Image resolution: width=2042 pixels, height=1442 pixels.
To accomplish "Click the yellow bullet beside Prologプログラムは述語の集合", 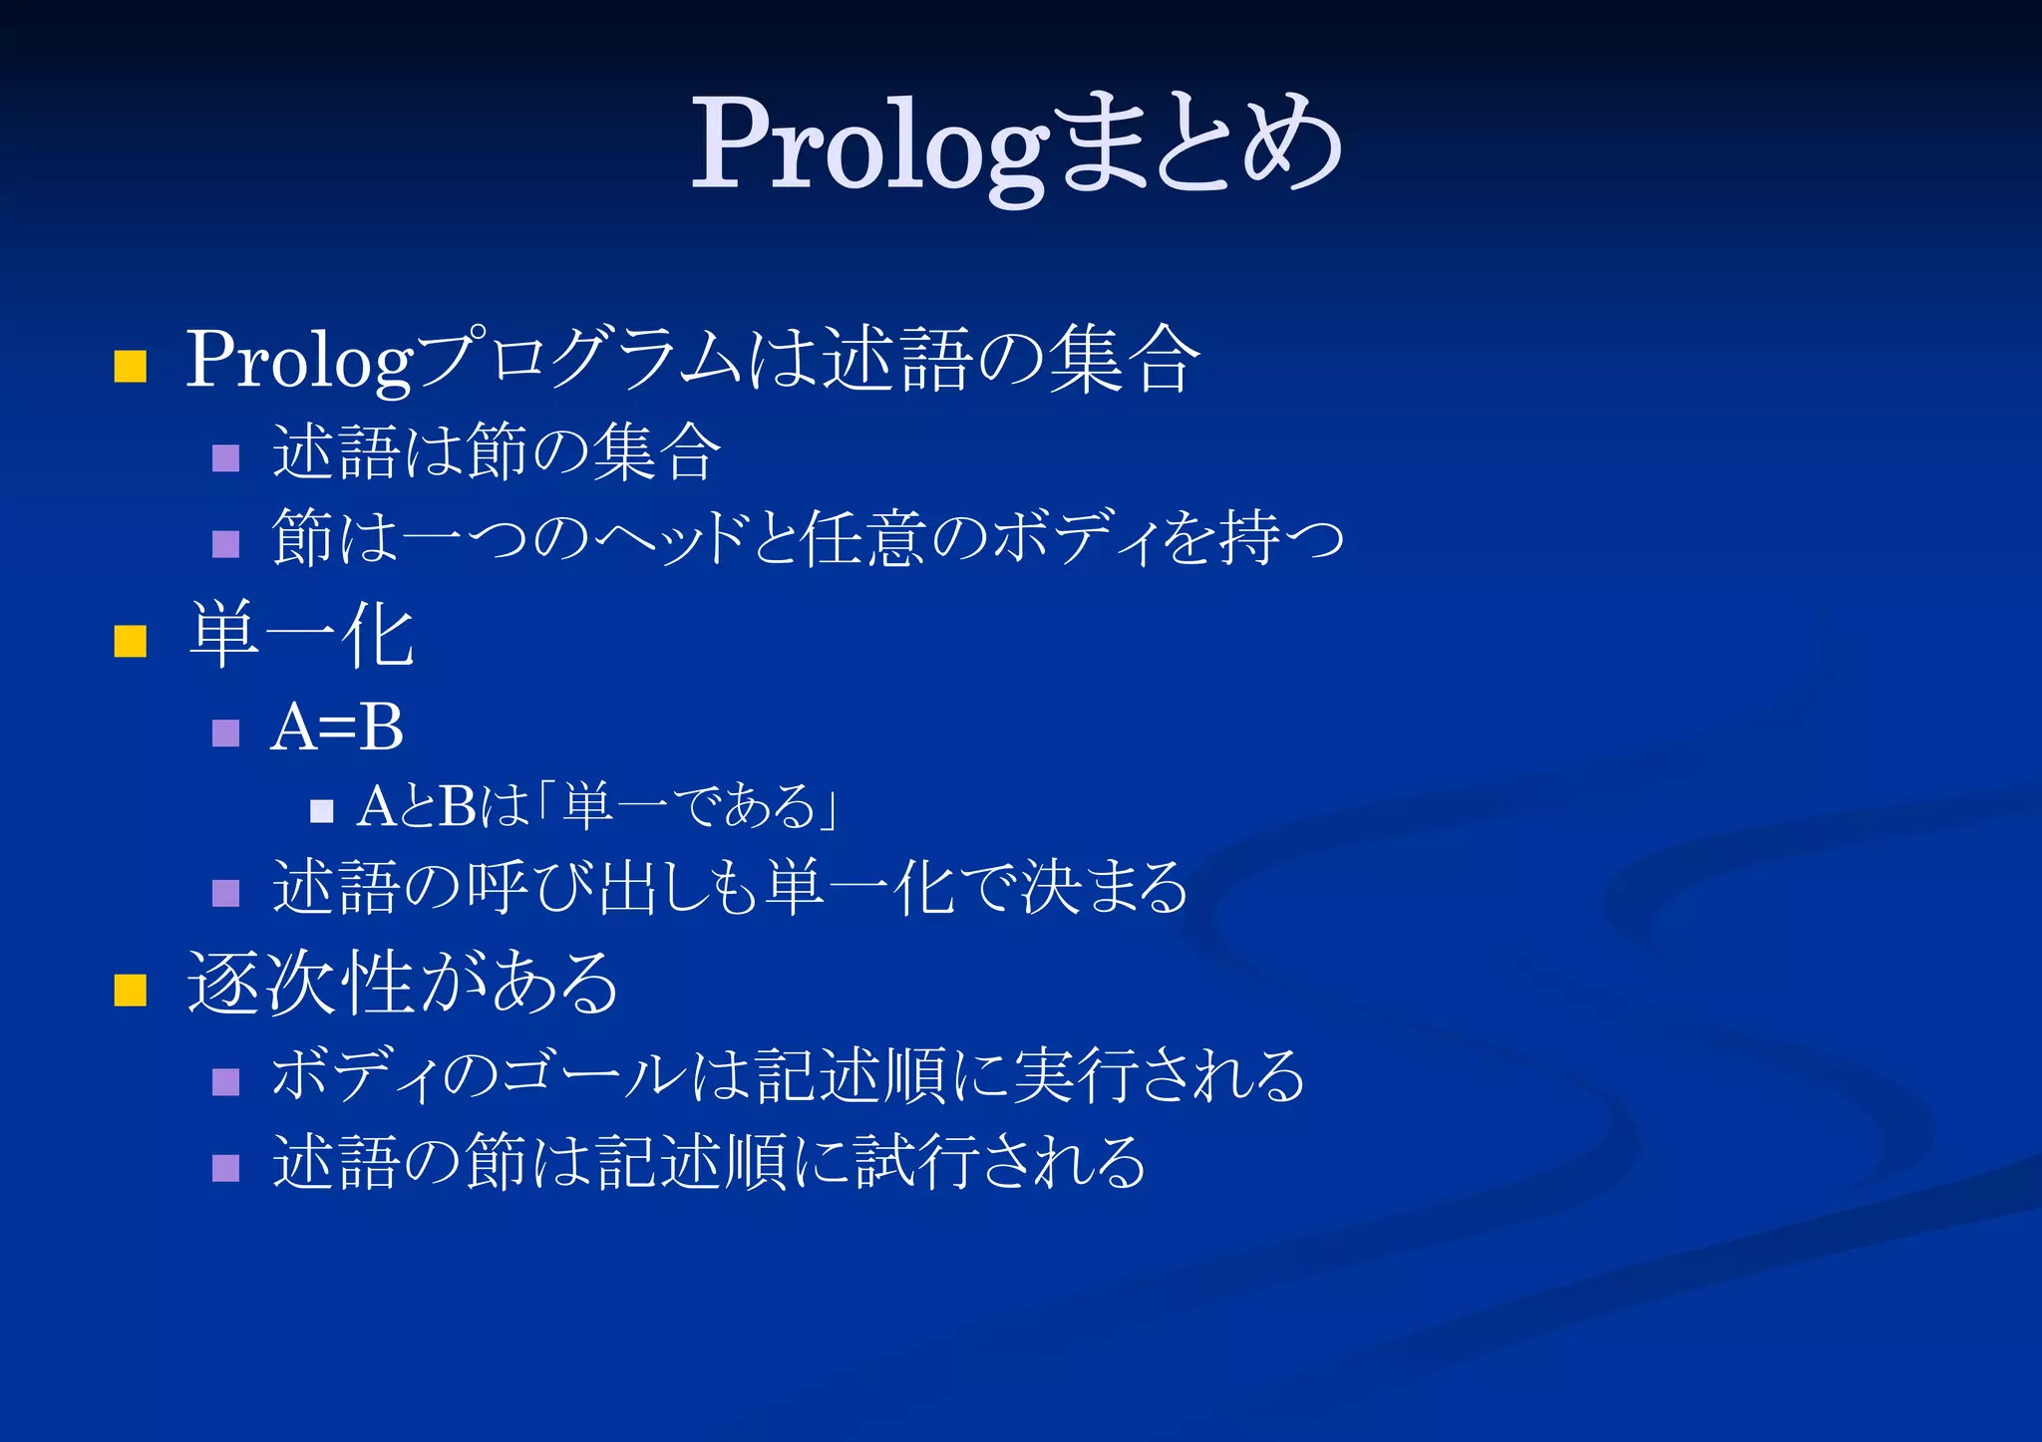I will [130, 366].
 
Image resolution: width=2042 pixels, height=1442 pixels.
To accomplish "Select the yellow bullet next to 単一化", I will [130, 641].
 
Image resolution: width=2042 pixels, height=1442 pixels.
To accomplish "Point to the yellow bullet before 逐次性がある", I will [130, 990].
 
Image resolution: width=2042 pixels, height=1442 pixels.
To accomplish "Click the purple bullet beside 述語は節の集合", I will [226, 457].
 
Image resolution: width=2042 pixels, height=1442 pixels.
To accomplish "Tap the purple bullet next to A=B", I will [226, 732].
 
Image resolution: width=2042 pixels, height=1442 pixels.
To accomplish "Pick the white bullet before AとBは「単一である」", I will [321, 810].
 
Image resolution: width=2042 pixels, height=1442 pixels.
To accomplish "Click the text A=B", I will [337, 727].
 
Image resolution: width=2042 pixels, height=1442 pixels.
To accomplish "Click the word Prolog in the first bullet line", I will [299, 361].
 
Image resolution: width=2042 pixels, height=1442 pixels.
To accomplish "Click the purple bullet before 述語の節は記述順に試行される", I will [226, 1167].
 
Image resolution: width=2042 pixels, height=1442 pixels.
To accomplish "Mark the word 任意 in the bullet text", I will [863, 539].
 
